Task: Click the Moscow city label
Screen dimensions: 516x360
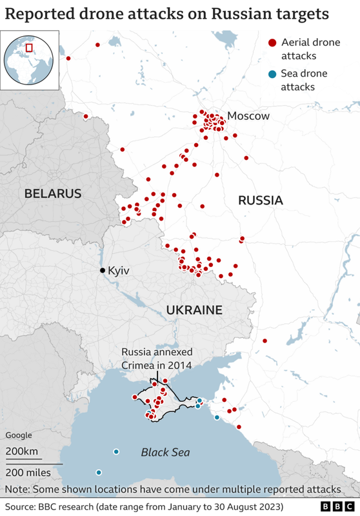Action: (x=248, y=116)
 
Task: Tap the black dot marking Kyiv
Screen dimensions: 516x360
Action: (x=102, y=270)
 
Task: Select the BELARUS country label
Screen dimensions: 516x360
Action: (x=53, y=193)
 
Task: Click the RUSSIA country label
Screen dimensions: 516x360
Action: (x=261, y=201)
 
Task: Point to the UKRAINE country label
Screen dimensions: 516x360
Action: (x=194, y=310)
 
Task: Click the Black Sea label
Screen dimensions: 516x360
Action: (x=166, y=452)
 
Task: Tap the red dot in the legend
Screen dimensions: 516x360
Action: (x=272, y=43)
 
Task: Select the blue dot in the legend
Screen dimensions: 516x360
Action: (x=272, y=74)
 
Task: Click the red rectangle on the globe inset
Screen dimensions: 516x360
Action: (x=28, y=47)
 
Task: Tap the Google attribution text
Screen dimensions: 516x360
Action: (x=19, y=435)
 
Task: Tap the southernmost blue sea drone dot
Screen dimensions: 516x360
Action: (x=99, y=472)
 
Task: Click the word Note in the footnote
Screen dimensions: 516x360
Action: (x=18, y=490)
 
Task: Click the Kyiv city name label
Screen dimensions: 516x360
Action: (x=119, y=270)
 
